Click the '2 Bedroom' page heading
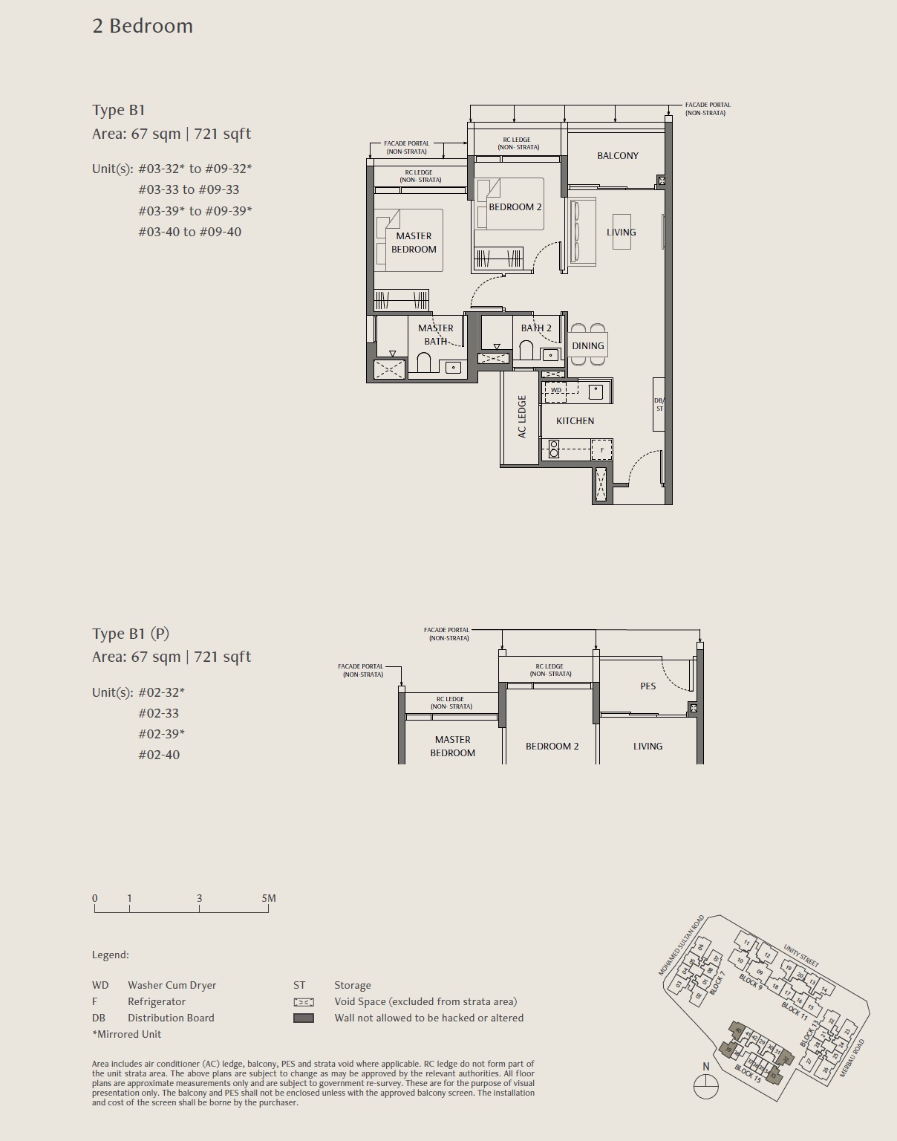[143, 26]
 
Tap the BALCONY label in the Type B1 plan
[617, 155]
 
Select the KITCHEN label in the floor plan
[575, 420]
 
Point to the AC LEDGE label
[522, 416]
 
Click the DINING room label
[587, 345]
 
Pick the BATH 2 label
[535, 328]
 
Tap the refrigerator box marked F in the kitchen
[601, 449]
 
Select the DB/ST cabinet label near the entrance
[659, 405]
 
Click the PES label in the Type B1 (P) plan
[648, 686]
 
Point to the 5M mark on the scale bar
[268, 898]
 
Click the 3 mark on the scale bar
[199, 898]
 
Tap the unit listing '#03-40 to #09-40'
[189, 232]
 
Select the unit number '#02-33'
[158, 713]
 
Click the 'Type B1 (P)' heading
[131, 634]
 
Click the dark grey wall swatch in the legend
[304, 1018]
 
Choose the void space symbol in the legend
[304, 1001]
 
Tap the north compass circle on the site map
[705, 1087]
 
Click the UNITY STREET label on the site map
[801, 955]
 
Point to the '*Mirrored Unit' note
[126, 1034]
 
